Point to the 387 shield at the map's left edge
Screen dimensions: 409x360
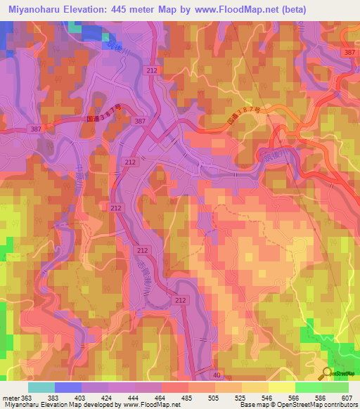pyautogui.click(x=35, y=129)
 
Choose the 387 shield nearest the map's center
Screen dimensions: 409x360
pyautogui.click(x=140, y=122)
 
